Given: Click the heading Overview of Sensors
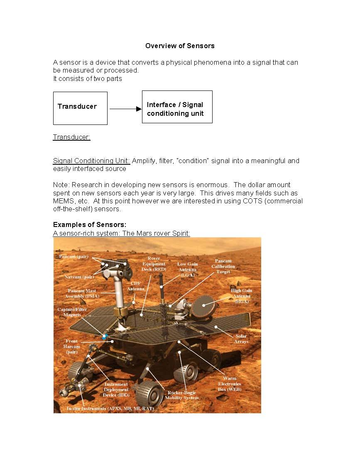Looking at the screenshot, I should pyautogui.click(x=180, y=46).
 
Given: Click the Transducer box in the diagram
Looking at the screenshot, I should pyautogui.click(x=80, y=108).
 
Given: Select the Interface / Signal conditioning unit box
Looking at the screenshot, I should pyautogui.click(x=177, y=107).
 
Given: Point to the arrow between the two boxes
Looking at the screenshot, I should pyautogui.click(x=125, y=109).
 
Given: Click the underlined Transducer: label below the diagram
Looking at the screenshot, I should pyautogui.click(x=71, y=137).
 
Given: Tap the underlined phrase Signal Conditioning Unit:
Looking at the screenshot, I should pyautogui.click(x=91, y=161).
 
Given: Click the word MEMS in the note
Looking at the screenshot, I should pyautogui.click(x=63, y=201).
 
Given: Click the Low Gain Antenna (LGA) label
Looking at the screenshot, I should pyautogui.click(x=187, y=269).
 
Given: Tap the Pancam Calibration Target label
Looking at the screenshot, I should pyautogui.click(x=223, y=266).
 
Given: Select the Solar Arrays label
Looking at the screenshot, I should pyautogui.click(x=241, y=339).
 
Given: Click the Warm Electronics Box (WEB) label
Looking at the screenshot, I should pyautogui.click(x=229, y=384).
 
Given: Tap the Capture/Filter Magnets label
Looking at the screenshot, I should pyautogui.click(x=69, y=312).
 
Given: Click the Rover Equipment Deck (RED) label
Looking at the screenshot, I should pyautogui.click(x=154, y=263).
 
